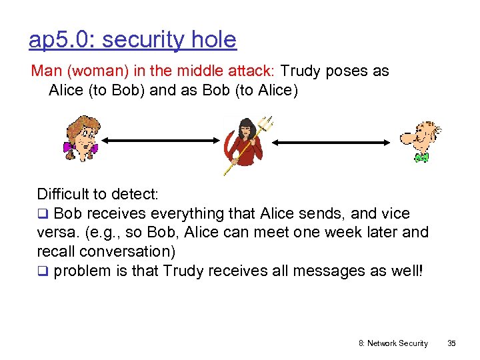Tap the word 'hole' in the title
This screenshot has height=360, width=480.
pyautogui.click(x=213, y=40)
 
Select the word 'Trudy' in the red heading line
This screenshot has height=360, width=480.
pyautogui.click(x=302, y=71)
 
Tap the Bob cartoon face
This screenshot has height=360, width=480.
pyautogui.click(x=420, y=137)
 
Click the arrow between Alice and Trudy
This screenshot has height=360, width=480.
pyautogui.click(x=160, y=141)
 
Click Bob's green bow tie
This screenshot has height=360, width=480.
pyautogui.click(x=421, y=157)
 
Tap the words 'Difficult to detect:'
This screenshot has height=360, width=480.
pyautogui.click(x=97, y=195)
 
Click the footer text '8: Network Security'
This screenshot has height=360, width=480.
pyautogui.click(x=393, y=343)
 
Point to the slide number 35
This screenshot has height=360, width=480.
pyautogui.click(x=451, y=343)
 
